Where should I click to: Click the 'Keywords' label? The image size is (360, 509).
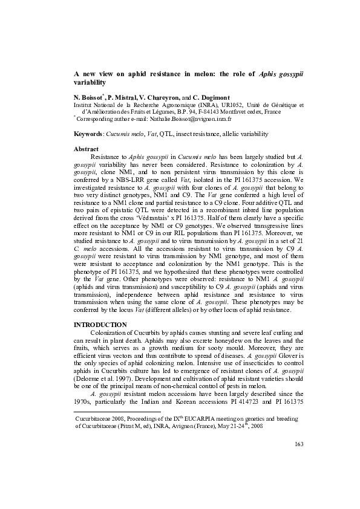tap(87, 133)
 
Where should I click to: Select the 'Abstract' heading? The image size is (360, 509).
tap(85, 148)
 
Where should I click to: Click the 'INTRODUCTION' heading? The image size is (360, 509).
tap(100, 325)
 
